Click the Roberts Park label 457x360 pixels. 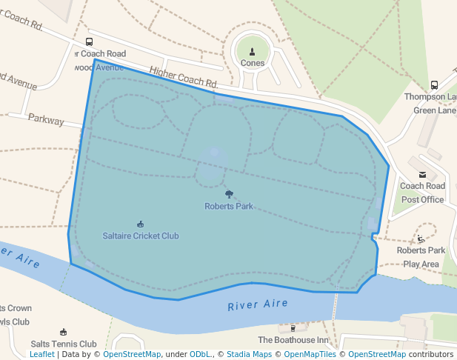click(229, 206)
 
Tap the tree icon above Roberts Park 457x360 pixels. click(229, 194)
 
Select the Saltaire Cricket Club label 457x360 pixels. click(141, 236)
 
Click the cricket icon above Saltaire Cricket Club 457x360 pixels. click(141, 224)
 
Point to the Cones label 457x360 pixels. click(253, 63)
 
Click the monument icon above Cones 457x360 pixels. click(253, 51)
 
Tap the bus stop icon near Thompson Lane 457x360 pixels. click(434, 85)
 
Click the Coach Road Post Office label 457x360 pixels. click(422, 193)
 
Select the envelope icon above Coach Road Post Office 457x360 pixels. click(422, 175)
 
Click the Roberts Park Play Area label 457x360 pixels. click(421, 257)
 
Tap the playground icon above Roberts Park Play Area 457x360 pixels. click(421, 239)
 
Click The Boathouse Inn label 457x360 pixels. click(293, 340)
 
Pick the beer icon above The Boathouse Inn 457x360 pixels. click(293, 328)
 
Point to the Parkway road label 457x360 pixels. click(46, 119)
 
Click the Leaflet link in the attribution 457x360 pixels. click(41, 355)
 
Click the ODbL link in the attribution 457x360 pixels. click(200, 355)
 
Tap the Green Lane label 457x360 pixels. click(435, 110)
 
